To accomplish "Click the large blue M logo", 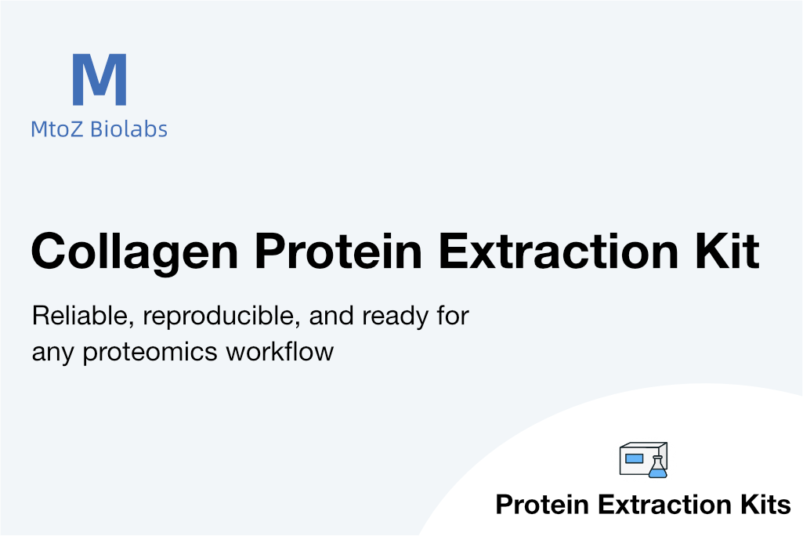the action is coord(99,79).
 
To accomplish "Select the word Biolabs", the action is coord(128,129).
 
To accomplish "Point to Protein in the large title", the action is coord(338,251).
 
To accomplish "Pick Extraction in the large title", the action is coord(559,251).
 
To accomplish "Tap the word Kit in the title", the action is coord(727,251).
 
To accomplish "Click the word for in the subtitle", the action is coord(453,316).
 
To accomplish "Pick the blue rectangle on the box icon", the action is coord(634,458).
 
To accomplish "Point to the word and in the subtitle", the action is coord(331,316).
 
